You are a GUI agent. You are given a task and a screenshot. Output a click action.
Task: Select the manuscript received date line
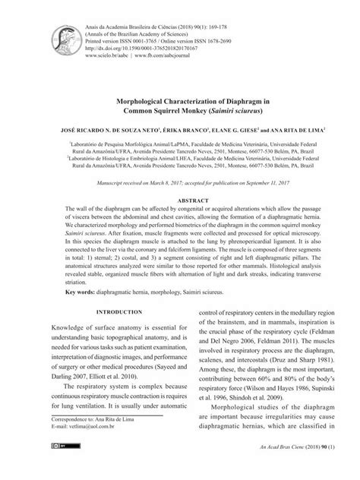click(180, 184)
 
